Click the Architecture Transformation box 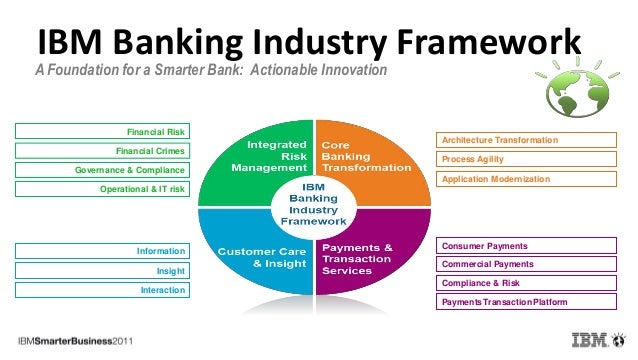point(529,140)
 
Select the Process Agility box point(529,159)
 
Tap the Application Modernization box point(529,178)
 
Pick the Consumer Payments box point(529,246)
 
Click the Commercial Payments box point(529,264)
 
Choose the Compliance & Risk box point(529,283)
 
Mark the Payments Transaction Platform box point(529,302)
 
